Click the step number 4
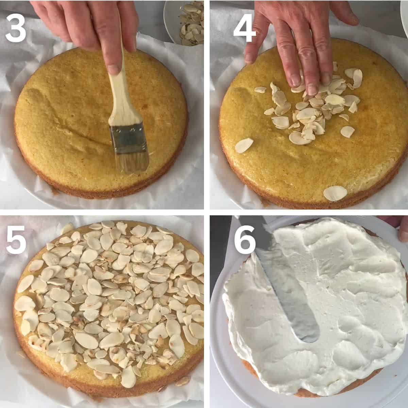(x=244, y=29)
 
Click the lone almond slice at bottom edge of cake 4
(x=335, y=193)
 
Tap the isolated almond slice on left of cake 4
(x=244, y=146)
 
